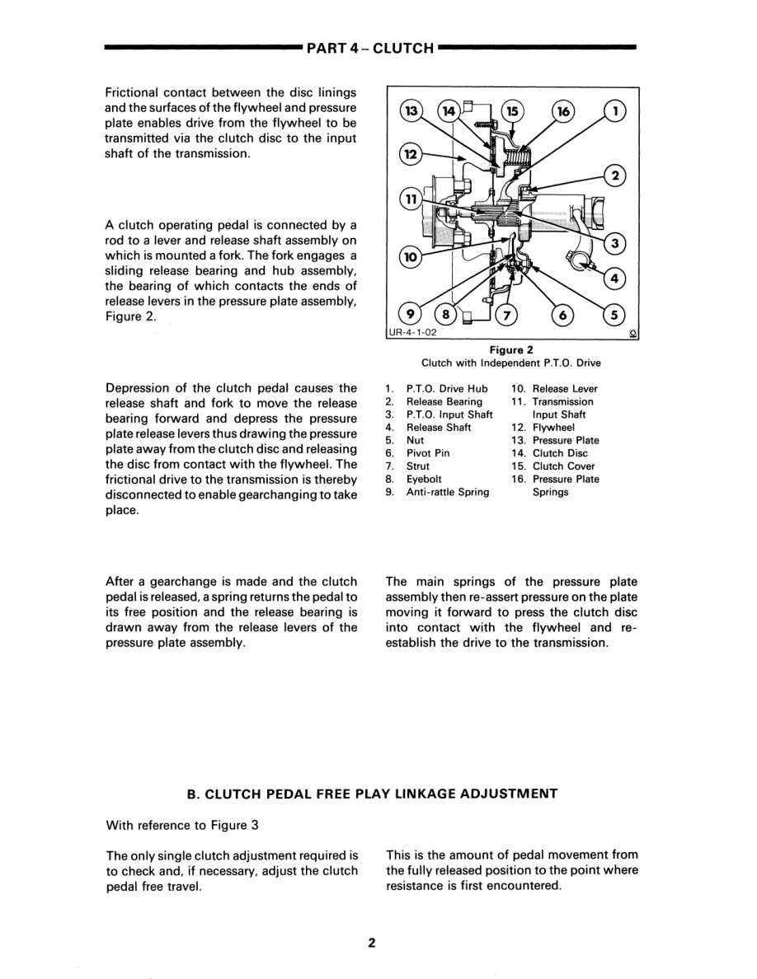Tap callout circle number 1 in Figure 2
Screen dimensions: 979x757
(x=614, y=110)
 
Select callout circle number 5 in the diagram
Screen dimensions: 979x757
(x=614, y=314)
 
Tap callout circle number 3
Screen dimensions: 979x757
(x=614, y=243)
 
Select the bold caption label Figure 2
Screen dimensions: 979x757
(x=511, y=349)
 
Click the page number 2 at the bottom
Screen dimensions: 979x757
(x=372, y=944)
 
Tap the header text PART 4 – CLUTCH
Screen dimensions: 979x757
(x=370, y=49)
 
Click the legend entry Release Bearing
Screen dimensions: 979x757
(x=444, y=401)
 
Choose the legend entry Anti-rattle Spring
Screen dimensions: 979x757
(x=447, y=492)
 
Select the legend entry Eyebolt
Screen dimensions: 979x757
(x=424, y=479)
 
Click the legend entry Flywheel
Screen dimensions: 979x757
(x=553, y=428)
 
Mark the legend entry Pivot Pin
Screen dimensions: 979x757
(x=428, y=453)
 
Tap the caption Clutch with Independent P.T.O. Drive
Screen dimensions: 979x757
(x=511, y=363)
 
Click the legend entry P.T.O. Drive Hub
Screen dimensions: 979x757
(x=447, y=389)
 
